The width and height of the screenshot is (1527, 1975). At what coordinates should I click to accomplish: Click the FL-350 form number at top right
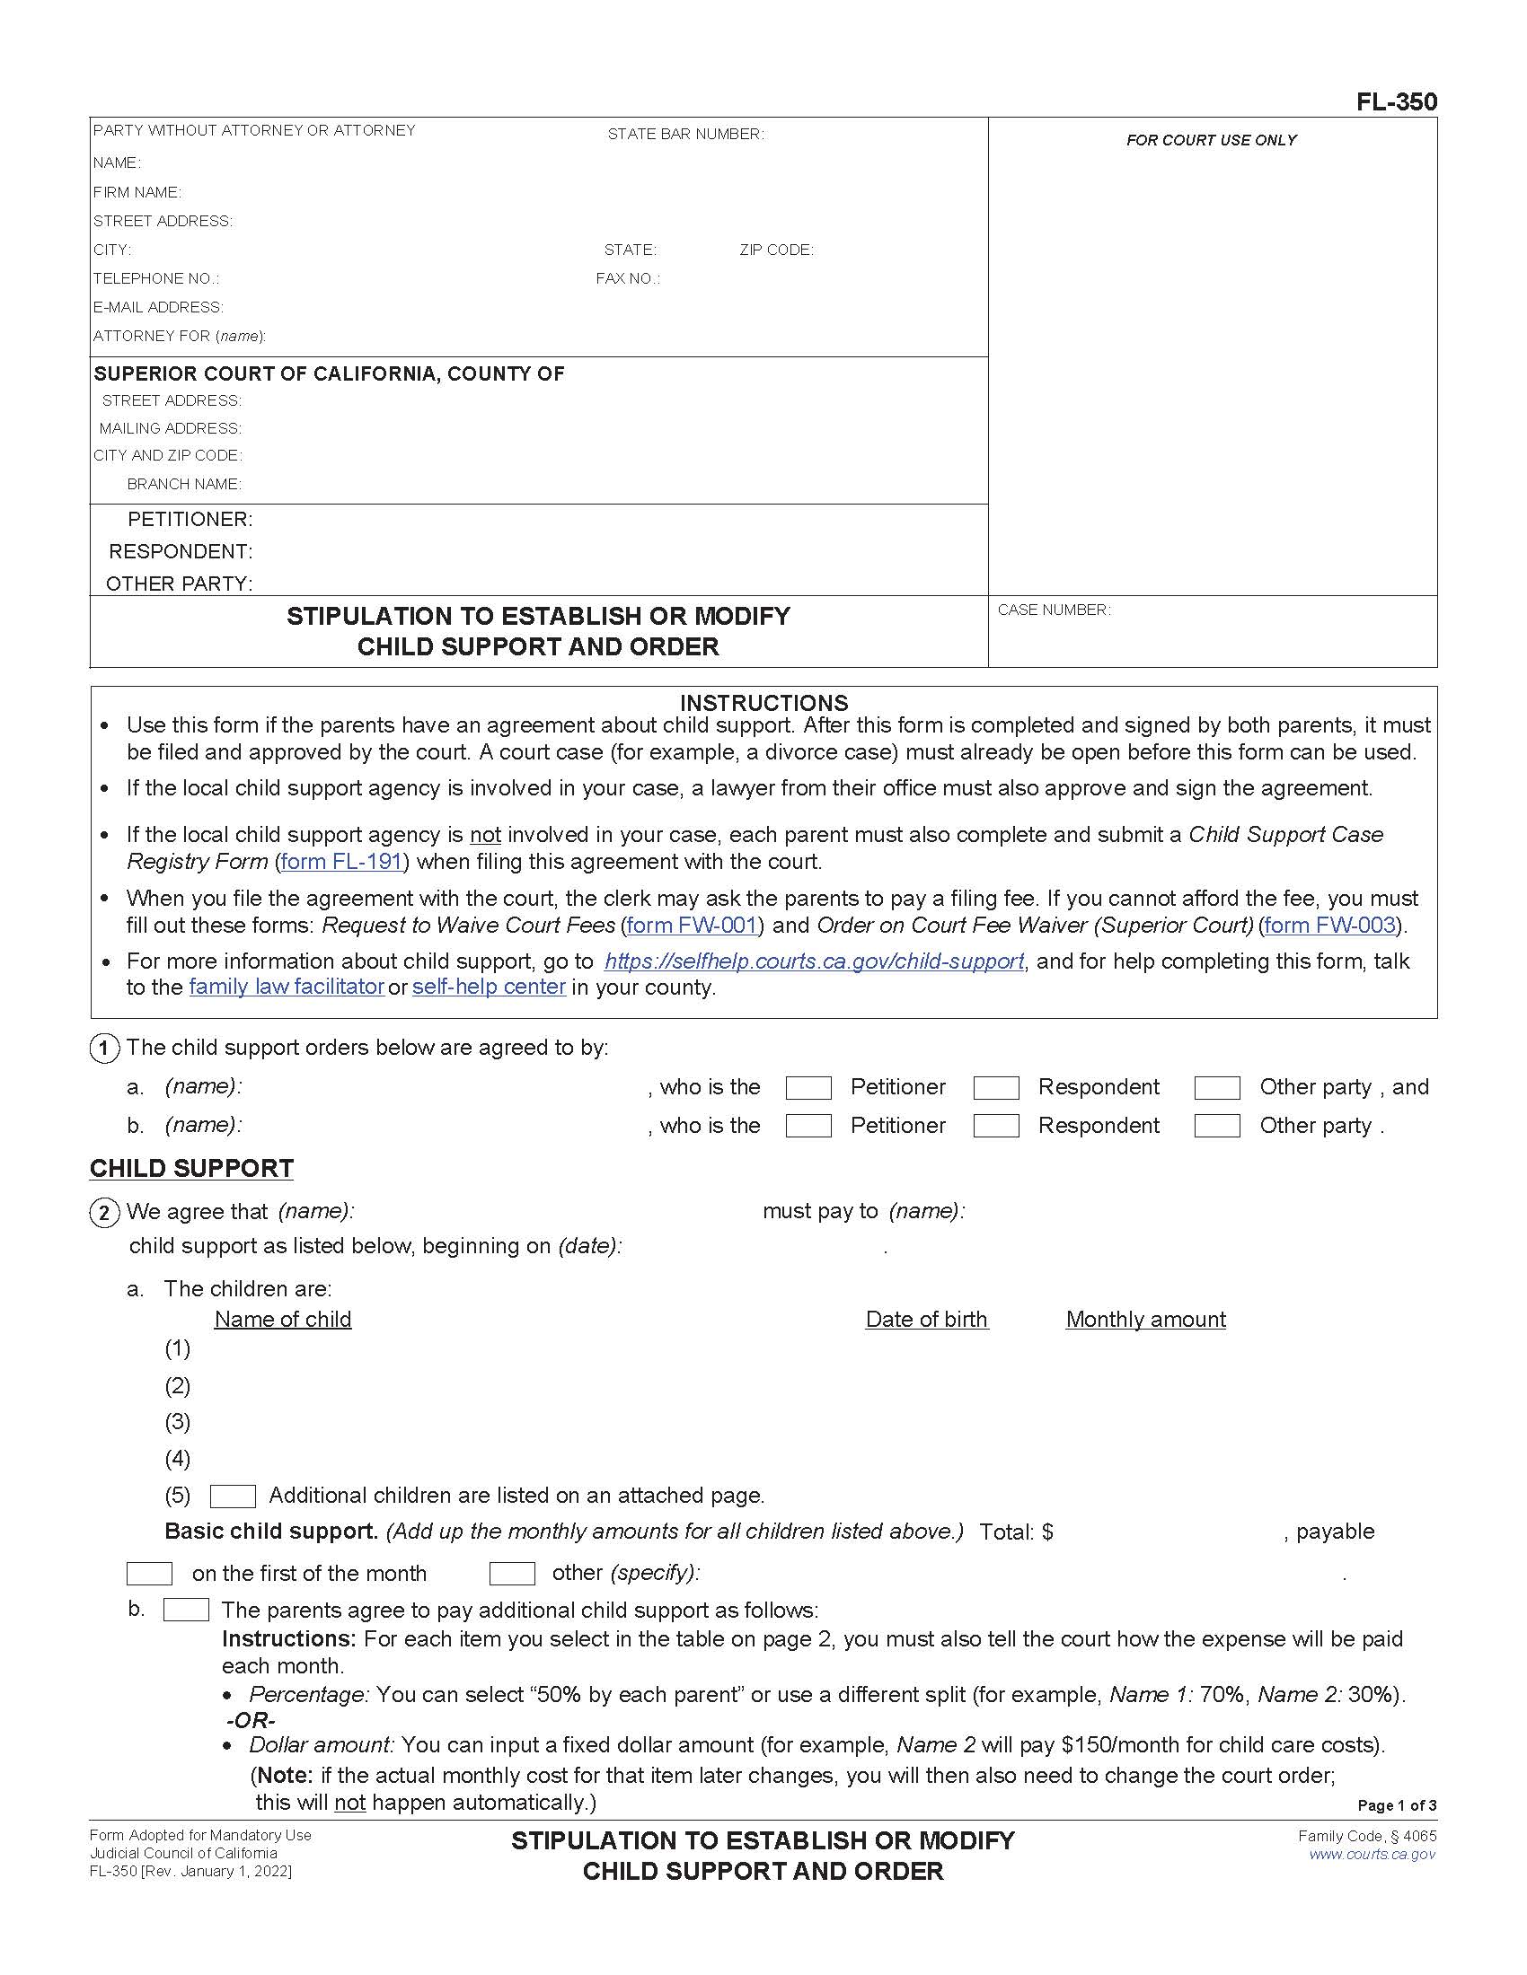click(x=1396, y=102)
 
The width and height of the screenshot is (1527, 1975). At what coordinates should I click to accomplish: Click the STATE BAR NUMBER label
click(x=684, y=134)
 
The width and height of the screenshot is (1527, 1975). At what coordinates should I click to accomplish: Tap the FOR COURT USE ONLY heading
click(x=1211, y=140)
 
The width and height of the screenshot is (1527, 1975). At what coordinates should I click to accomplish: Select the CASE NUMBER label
click(x=1053, y=610)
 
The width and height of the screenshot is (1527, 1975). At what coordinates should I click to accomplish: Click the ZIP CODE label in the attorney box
click(x=776, y=250)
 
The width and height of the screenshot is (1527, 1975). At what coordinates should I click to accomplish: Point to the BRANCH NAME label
click(x=183, y=484)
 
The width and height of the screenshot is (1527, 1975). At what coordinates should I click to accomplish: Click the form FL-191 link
click(x=342, y=862)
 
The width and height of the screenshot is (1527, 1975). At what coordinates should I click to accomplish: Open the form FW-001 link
click(x=692, y=925)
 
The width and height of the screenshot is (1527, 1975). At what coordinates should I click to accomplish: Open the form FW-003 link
click(x=1329, y=925)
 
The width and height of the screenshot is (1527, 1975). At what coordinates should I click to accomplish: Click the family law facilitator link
click(x=287, y=987)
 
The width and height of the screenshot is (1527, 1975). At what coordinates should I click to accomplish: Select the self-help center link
click(x=489, y=987)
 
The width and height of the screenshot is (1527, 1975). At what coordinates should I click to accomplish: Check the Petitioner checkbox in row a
click(x=808, y=1088)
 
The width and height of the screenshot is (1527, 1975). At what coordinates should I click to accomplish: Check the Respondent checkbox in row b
click(x=995, y=1126)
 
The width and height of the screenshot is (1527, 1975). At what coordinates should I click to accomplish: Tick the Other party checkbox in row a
click(x=1217, y=1088)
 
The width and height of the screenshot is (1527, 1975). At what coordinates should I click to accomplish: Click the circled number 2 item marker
click(x=104, y=1213)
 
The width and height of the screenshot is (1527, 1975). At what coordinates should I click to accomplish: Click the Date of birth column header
click(x=926, y=1320)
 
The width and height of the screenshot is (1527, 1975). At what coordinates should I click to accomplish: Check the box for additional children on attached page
click(x=233, y=1497)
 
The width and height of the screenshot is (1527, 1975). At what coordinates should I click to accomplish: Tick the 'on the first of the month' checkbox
click(x=149, y=1575)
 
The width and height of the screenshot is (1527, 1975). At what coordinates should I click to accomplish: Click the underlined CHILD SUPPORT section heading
click(x=190, y=1168)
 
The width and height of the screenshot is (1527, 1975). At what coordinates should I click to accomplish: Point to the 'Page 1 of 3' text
click(x=1396, y=1806)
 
